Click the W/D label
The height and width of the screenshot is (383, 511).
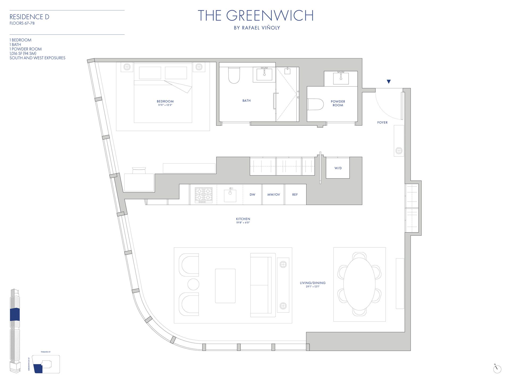pyautogui.click(x=338, y=168)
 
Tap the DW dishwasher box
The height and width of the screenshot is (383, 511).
pyautogui.click(x=252, y=194)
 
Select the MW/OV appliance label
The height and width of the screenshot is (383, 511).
pyautogui.click(x=274, y=194)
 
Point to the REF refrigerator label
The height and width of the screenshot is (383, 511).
pyautogui.click(x=295, y=194)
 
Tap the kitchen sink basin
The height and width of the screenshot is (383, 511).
pyautogui.click(x=230, y=195)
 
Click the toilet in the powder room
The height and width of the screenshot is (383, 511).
pyautogui.click(x=315, y=104)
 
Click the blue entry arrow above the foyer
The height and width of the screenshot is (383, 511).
pyautogui.click(x=389, y=82)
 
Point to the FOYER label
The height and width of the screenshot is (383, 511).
pyautogui.click(x=382, y=123)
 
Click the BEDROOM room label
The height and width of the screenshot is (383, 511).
pyautogui.click(x=165, y=101)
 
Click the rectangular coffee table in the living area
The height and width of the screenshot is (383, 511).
pyautogui.click(x=225, y=286)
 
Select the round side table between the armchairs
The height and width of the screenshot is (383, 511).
pyautogui.click(x=193, y=284)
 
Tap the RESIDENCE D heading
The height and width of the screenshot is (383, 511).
pyautogui.click(x=29, y=17)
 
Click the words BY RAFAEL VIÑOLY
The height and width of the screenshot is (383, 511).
pyautogui.click(x=257, y=28)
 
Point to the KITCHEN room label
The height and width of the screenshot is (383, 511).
pyautogui.click(x=243, y=219)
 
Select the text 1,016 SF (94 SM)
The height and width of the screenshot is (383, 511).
pyautogui.click(x=23, y=53)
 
